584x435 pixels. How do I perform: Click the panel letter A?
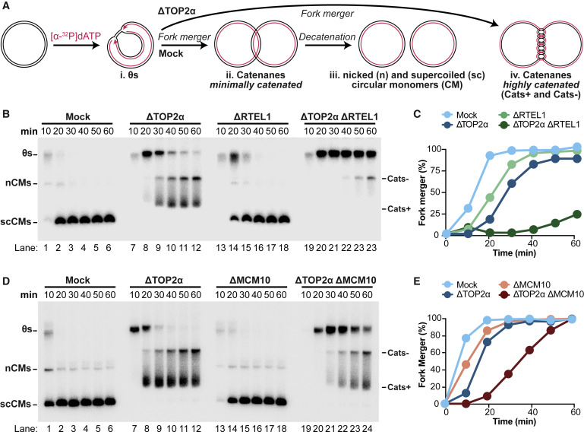(5, 6)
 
